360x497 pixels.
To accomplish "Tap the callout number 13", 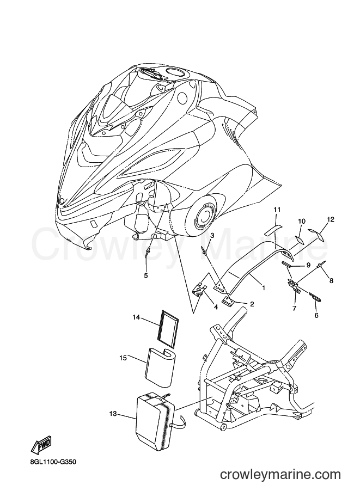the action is [113, 414].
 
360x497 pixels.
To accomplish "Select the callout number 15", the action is [123, 358].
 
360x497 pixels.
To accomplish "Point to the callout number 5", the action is [146, 275].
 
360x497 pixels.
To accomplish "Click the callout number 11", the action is [277, 210].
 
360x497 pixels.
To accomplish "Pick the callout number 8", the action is [332, 280].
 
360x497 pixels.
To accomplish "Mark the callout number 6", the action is [316, 315].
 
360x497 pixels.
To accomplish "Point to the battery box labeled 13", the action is [155, 419].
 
